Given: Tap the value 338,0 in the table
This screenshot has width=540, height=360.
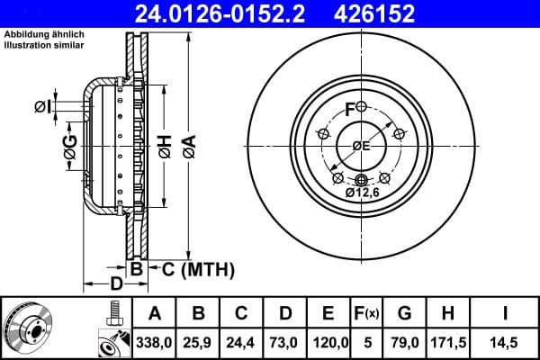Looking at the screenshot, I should (155, 342).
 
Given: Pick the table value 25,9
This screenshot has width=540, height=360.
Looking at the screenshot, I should (198, 342).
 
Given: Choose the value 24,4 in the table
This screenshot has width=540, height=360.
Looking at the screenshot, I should (241, 342).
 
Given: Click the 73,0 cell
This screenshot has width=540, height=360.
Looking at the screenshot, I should (284, 342).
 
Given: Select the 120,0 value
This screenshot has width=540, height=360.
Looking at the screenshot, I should (328, 342).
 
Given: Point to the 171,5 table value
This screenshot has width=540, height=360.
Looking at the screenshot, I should (447, 342).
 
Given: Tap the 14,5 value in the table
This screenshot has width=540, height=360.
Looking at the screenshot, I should (504, 342).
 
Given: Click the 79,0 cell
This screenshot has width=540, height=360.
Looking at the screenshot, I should (404, 342).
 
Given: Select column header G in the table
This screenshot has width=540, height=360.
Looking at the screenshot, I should (404, 313).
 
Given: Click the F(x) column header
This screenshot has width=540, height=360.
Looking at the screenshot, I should (366, 313).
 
